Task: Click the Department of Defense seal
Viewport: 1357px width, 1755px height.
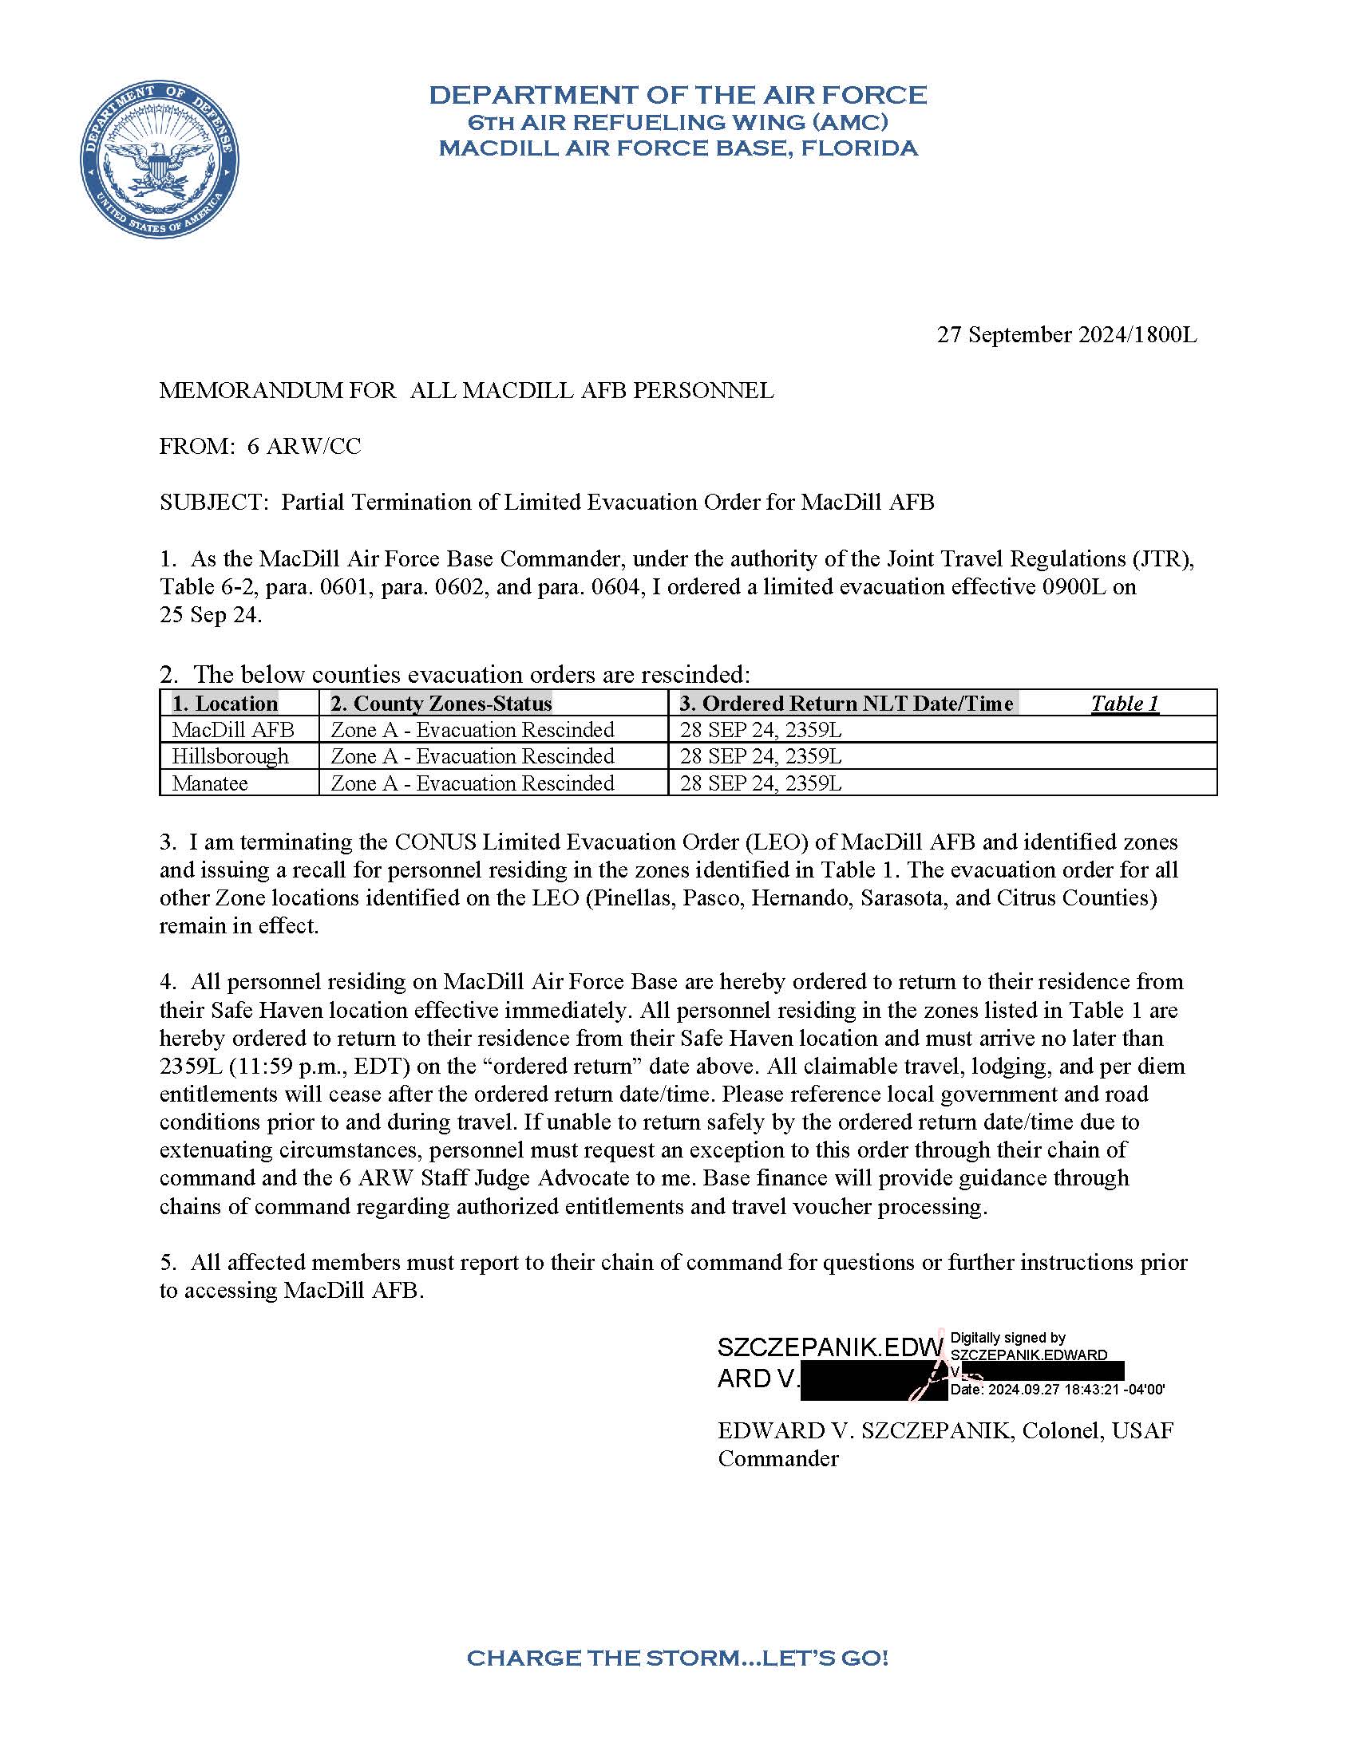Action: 158,159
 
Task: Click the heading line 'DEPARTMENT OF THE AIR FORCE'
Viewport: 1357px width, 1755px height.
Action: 678,95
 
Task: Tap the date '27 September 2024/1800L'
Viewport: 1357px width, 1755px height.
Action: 1066,334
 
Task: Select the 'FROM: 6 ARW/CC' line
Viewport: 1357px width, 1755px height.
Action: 259,446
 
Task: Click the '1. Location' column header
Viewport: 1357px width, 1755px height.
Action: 224,703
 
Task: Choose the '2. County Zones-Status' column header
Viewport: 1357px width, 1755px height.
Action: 441,703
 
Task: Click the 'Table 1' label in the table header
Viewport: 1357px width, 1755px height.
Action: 1124,703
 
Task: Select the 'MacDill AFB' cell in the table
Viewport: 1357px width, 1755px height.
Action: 232,730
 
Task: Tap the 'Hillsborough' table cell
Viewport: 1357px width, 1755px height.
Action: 230,756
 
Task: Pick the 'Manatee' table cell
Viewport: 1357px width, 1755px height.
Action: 210,783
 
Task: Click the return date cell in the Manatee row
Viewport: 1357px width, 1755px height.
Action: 761,783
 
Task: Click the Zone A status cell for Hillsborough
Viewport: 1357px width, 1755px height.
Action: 473,756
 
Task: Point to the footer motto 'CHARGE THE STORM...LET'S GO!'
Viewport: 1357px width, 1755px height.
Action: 678,1657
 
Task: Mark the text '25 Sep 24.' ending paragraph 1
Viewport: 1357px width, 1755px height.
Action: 211,615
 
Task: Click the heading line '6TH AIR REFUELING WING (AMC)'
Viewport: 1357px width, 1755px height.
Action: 678,122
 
